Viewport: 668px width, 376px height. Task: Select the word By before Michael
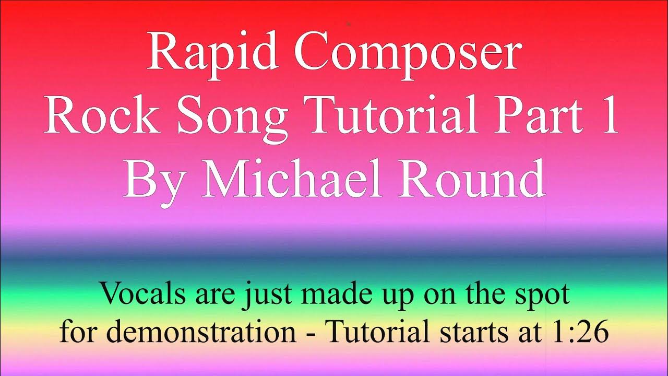point(154,179)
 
